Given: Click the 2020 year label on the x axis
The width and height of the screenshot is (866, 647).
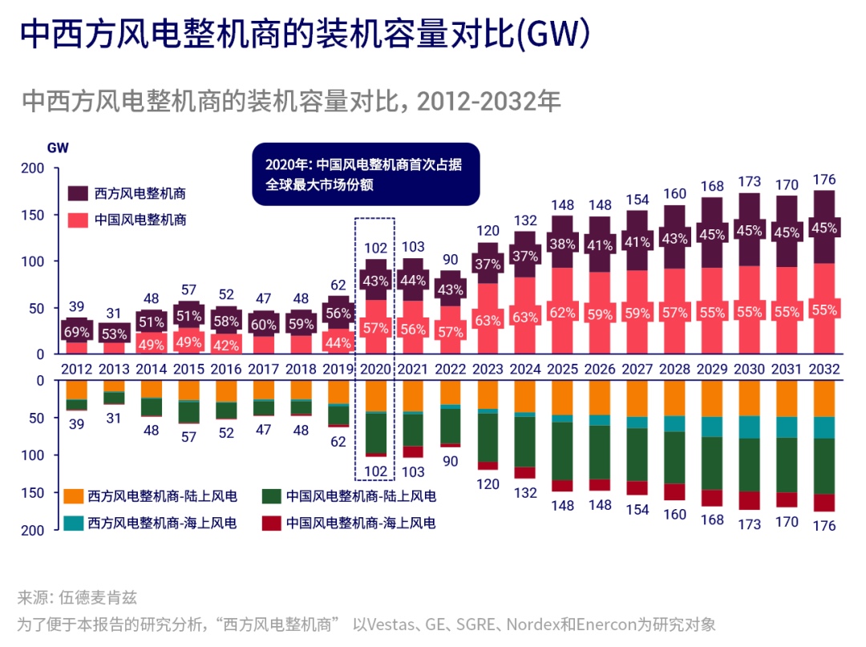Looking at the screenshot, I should click(x=374, y=370).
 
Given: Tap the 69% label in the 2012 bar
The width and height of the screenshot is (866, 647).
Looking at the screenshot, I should click(x=76, y=331).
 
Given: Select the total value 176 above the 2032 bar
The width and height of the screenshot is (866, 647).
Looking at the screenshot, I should click(x=824, y=179).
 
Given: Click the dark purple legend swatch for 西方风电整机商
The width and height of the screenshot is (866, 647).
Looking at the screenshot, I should click(x=78, y=193).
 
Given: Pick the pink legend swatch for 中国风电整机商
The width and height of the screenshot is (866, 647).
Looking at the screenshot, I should click(x=78, y=219).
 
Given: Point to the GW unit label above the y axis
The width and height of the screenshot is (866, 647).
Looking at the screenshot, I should click(x=58, y=148).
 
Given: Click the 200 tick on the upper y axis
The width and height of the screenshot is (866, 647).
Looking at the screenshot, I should click(x=32, y=168).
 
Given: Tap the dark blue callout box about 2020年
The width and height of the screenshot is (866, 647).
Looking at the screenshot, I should click(x=365, y=174).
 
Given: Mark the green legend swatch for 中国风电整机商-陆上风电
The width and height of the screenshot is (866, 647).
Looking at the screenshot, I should click(x=272, y=496).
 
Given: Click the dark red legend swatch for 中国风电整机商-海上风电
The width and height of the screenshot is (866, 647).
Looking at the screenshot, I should click(x=272, y=523).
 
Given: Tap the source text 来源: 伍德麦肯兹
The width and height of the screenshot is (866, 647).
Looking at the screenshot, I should click(x=77, y=598).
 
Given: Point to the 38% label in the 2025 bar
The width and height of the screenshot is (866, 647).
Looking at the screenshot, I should click(x=562, y=244).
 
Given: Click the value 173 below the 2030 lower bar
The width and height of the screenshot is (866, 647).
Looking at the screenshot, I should click(x=749, y=524).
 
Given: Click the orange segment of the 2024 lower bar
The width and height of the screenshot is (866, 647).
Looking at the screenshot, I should click(x=525, y=396).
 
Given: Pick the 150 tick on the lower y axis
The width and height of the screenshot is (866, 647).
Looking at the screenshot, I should click(x=32, y=492).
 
